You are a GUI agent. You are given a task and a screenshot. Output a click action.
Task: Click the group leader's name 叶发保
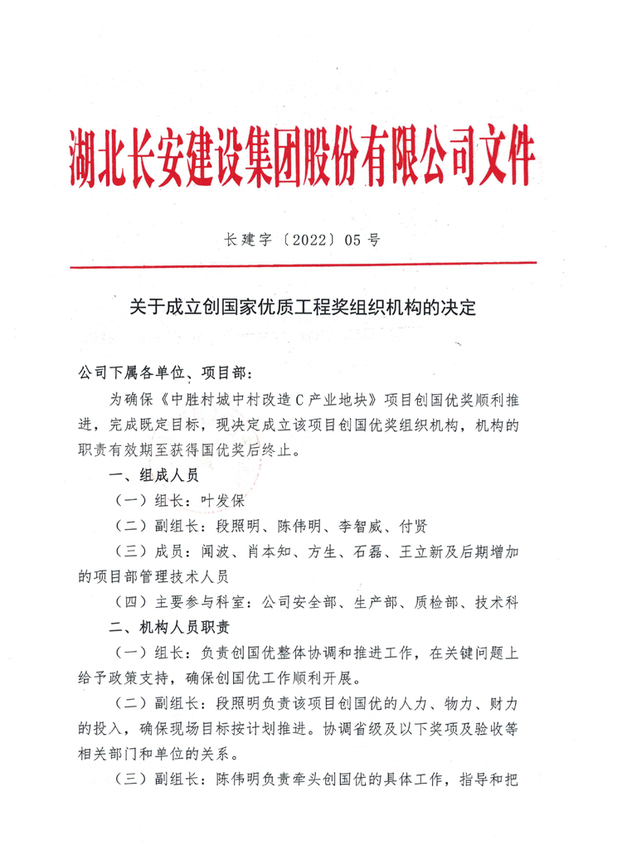tap(221, 501)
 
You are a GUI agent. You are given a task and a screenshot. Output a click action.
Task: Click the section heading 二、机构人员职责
tap(166, 626)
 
